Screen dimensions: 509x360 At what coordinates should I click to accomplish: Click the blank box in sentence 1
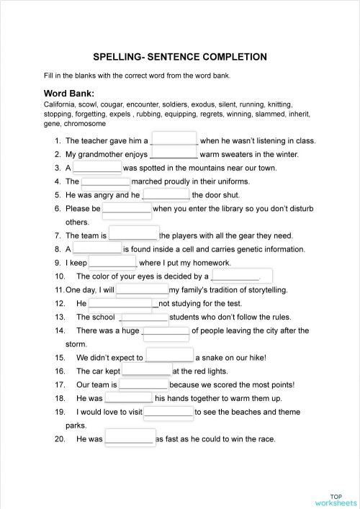coord(175,140)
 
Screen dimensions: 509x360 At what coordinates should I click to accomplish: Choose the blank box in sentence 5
coord(166,194)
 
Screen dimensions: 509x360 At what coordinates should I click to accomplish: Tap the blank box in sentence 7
coord(133,235)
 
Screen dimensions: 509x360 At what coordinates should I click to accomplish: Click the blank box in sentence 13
coord(144,317)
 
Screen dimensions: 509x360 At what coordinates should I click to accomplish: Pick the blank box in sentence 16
coord(147,371)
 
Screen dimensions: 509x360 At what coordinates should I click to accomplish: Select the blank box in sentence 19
coord(168,413)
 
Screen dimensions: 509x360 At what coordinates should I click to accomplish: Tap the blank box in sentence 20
coord(130,438)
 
